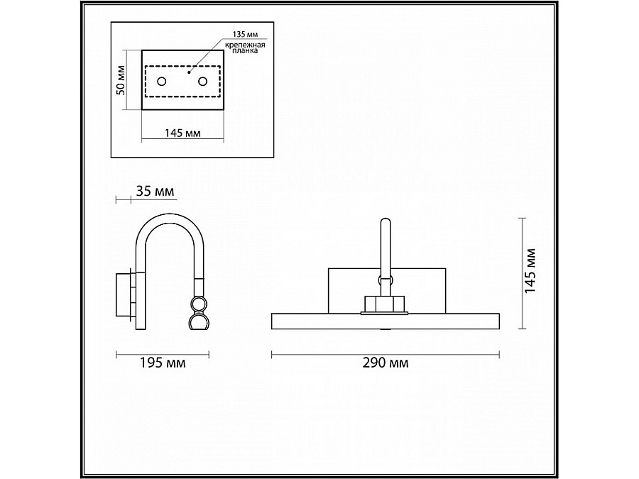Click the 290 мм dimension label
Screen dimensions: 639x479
(x=385, y=363)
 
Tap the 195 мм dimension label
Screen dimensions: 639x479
(x=163, y=363)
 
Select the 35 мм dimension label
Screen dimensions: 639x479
(x=155, y=191)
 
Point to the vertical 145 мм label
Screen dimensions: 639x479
(x=530, y=271)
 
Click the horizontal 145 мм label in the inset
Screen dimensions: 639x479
(x=182, y=133)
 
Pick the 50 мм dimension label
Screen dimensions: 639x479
(x=121, y=80)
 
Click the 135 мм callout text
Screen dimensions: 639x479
(x=245, y=34)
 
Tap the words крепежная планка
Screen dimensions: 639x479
(x=245, y=48)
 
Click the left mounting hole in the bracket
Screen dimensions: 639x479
(x=162, y=82)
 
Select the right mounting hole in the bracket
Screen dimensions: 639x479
(x=202, y=82)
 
